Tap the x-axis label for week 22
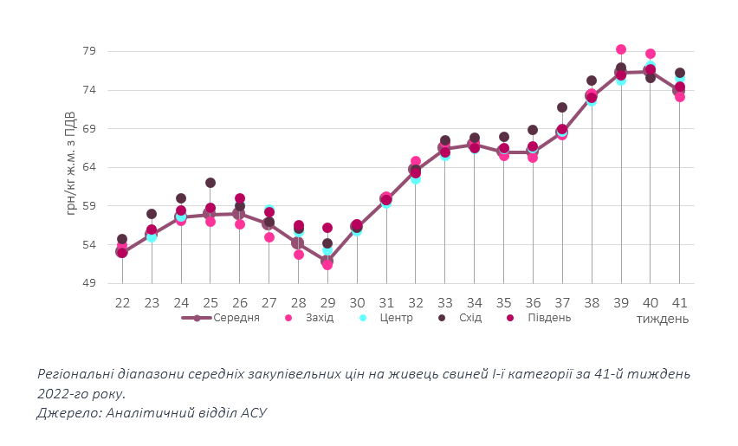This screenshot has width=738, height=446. coord(122,303)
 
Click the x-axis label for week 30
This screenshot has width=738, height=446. coord(357,303)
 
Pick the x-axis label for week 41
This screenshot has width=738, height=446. coord(680,303)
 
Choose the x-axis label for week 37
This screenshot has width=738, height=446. coord(562,303)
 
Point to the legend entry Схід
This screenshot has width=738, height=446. coord(470,318)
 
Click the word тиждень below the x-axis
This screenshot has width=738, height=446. coord(663,319)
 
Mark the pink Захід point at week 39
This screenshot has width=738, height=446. coord(621,50)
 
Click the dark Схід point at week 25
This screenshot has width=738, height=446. coord(210,183)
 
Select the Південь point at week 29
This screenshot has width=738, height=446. coord(327,228)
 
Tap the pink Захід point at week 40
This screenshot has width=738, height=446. coord(651,54)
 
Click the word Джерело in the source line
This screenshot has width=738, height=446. coord(68,413)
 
